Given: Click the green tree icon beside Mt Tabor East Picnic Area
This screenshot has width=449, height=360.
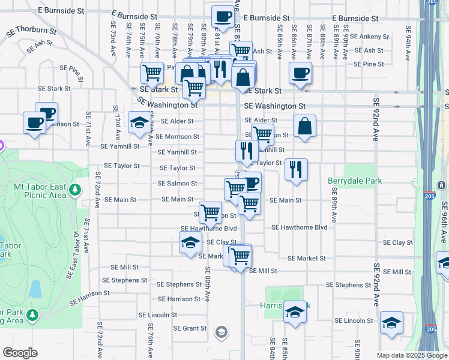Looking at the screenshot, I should pos(75,190).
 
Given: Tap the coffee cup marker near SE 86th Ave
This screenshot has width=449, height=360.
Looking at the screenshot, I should pos(300,74).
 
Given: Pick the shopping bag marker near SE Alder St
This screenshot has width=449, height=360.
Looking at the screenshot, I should pos(305,126).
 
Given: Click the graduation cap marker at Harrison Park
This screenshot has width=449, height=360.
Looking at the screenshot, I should pos(294,313).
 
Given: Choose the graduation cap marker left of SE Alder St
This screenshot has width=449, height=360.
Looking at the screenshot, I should pos(139,122).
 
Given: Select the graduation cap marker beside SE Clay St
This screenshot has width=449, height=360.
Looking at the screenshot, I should pos(190,243).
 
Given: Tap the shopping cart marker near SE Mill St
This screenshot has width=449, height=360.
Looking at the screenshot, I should pos(240,256).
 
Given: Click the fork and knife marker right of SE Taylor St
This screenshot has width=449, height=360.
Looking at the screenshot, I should pos(296,170).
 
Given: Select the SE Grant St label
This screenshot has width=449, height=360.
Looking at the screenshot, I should pos(190,328).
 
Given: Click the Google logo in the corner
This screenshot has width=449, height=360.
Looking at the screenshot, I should pos(20,353).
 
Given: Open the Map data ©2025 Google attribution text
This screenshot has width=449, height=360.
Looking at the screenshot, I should pos(412,355).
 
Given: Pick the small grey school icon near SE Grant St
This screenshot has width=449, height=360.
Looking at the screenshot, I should pos(221,332).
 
